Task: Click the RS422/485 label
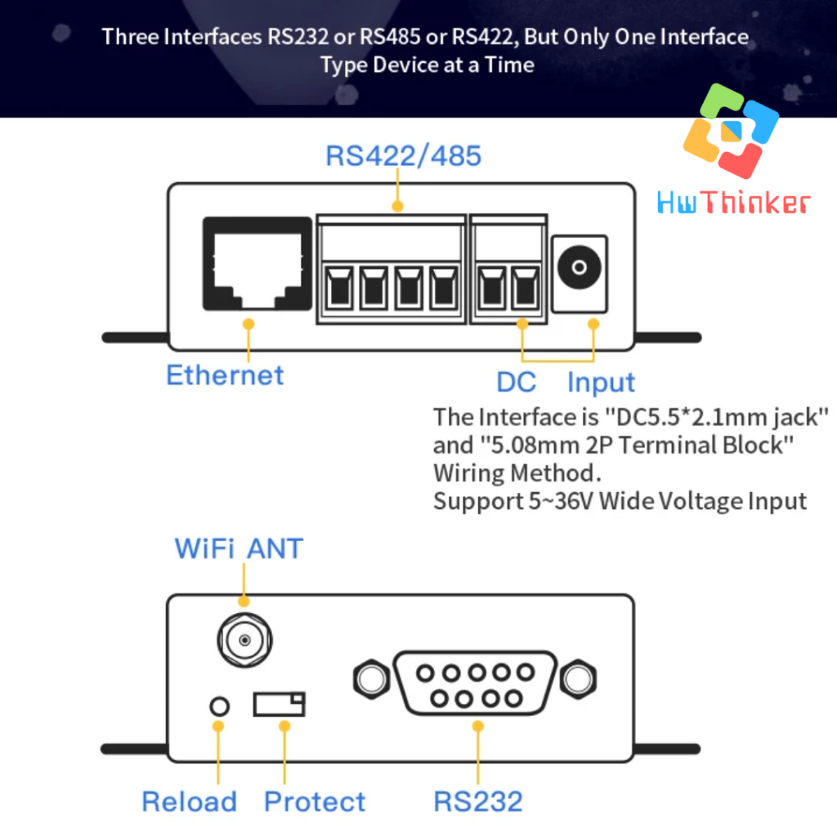(403, 155)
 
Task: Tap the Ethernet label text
(225, 375)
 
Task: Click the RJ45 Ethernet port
(257, 263)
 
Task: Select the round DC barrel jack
(580, 267)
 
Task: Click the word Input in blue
(601, 382)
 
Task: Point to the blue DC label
(517, 382)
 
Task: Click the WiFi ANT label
(239, 548)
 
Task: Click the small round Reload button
(218, 705)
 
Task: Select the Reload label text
(189, 802)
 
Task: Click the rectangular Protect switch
(279, 704)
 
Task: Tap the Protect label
(315, 802)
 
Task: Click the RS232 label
(478, 802)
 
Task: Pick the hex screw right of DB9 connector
(578, 678)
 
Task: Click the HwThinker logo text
(733, 202)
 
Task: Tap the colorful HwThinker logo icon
(731, 131)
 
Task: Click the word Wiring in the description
(469, 473)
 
